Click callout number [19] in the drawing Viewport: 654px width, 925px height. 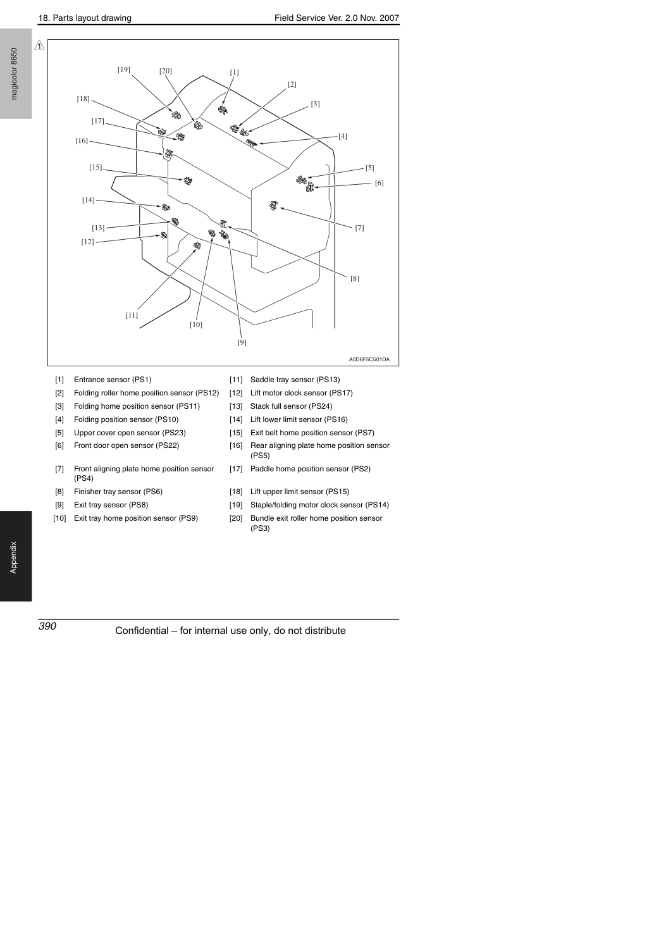pos(124,70)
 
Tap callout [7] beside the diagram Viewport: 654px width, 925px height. pos(360,228)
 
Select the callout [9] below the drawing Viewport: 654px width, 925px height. pos(242,342)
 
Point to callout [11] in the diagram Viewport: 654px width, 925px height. pos(132,315)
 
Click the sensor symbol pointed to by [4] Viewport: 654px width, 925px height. pos(251,143)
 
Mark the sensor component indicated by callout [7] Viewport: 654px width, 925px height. pos(273,205)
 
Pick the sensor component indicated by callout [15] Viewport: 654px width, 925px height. pos(188,180)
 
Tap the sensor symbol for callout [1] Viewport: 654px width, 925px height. pos(223,110)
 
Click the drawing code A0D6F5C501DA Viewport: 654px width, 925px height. pos(369,359)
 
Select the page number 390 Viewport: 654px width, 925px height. pos(47,626)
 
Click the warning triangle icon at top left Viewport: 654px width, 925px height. pos(39,45)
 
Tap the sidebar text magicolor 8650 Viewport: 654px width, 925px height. pos(14,74)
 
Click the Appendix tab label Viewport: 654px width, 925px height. pos(14,557)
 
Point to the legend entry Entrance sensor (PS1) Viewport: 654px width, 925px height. pos(113,380)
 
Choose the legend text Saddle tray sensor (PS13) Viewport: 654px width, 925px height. pos(295,380)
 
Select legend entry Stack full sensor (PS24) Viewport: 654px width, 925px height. pos(292,406)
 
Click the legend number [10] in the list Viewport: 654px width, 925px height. pos(59,518)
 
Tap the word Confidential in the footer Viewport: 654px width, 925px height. pos(142,631)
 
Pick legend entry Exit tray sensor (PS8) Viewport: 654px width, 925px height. pos(111,505)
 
